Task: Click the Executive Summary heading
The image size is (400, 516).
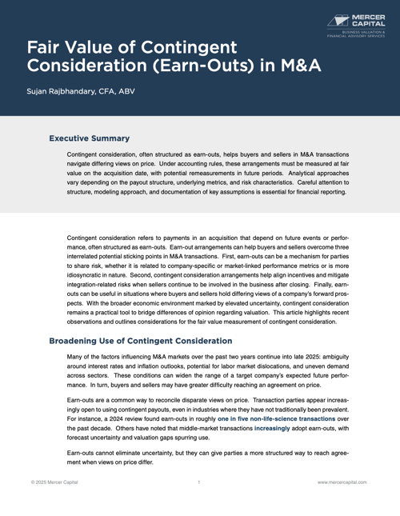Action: [90, 138]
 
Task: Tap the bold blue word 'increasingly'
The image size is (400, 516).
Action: [276, 429]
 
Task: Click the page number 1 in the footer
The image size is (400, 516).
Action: [198, 482]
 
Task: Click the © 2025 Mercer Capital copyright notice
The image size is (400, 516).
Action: [51, 482]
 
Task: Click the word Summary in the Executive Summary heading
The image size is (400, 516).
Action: [109, 138]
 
